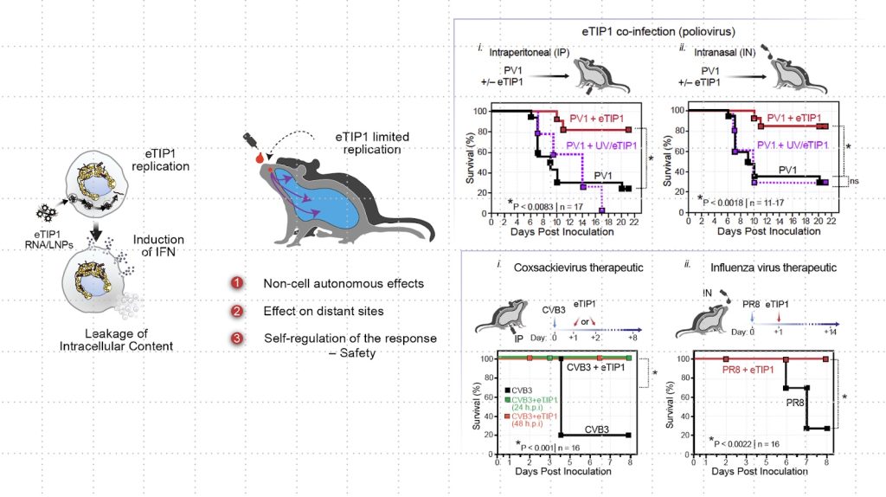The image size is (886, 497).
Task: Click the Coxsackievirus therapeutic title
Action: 575,267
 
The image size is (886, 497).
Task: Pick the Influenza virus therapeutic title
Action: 759,267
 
